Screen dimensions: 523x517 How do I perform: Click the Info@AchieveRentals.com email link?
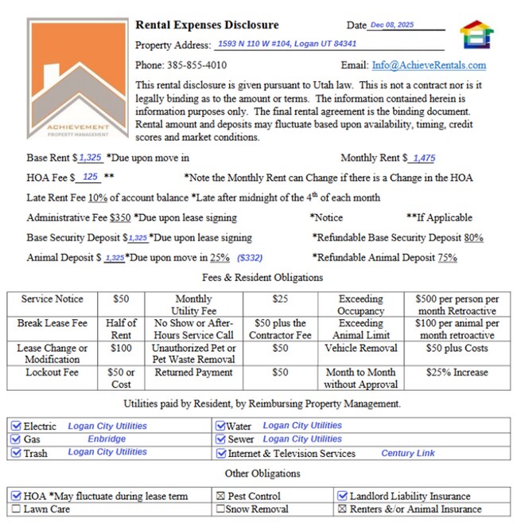[429, 65]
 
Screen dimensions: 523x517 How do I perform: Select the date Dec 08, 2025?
[393, 25]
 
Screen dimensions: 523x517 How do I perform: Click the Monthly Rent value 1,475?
[423, 158]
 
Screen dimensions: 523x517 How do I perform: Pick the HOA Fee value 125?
[90, 178]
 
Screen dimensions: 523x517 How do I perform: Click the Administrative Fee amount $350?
[120, 217]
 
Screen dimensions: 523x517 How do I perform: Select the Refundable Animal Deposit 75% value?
[447, 258]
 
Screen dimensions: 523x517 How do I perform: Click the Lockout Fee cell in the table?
[52, 372]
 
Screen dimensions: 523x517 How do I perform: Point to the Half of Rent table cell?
[121, 329]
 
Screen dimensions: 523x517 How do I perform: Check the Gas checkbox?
[16, 439]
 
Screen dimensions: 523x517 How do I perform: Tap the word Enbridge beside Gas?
[107, 439]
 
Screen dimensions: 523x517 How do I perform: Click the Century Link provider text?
[408, 453]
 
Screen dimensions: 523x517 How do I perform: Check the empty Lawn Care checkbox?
[16, 509]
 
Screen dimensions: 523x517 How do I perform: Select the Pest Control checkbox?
[220, 496]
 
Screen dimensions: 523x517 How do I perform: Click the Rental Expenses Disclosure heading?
[207, 25]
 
